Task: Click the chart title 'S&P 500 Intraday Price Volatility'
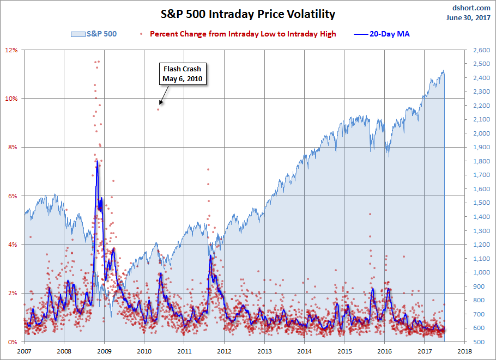click(x=247, y=14)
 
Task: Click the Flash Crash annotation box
click(x=182, y=74)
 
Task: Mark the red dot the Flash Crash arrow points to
click(x=159, y=109)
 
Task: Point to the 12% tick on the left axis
click(x=12, y=50)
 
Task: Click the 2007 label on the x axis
click(x=25, y=351)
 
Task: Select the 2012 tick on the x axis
click(x=225, y=351)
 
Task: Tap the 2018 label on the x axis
click(x=465, y=351)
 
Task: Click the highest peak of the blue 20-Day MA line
click(x=96, y=161)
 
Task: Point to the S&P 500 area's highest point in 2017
click(x=443, y=71)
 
